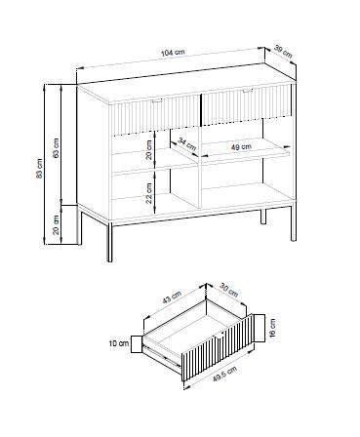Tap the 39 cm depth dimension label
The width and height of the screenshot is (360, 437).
pos(283,52)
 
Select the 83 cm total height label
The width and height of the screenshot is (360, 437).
pos(39,169)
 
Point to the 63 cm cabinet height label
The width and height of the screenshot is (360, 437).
pos(57,148)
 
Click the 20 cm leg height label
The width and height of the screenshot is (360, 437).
pos(57,224)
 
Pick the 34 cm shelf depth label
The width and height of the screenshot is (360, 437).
pos(187,144)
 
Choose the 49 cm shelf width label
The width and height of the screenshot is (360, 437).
pos(241,147)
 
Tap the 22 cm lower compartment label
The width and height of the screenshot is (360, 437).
pos(149,193)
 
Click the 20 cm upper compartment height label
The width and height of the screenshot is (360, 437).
pos(149,149)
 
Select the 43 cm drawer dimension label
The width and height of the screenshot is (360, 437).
pos(171,298)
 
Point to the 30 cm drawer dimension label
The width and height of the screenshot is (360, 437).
pos(229,291)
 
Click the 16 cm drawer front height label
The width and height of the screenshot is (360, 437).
pos(272,328)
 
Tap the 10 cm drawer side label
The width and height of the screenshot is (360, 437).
pos(119,343)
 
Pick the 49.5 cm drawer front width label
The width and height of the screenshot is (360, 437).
pos(224,375)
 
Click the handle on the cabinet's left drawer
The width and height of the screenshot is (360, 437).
pos(157,101)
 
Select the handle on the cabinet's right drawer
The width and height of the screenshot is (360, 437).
pos(248,91)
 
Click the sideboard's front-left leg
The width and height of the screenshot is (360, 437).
pos(110,243)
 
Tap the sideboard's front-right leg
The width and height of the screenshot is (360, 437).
pos(294,221)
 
